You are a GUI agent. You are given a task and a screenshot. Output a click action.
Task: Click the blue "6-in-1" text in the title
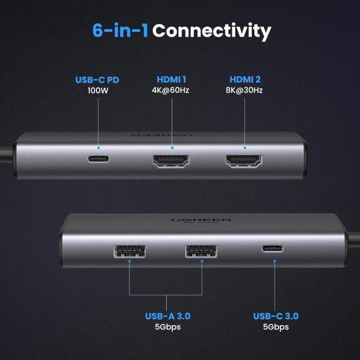tap(120, 31)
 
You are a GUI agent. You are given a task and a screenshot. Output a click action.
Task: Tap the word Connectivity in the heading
tap(212, 31)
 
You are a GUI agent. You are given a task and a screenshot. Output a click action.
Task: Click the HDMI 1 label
tap(172, 79)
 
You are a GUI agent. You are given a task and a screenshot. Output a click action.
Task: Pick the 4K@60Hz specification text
tap(172, 91)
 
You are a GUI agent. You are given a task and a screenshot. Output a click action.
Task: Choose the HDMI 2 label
tap(245, 79)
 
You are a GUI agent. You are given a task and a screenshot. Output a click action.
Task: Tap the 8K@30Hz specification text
tap(245, 91)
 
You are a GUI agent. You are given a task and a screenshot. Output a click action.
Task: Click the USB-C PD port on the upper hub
tap(99, 160)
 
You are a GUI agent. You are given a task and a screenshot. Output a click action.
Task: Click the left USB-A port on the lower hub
tap(128, 251)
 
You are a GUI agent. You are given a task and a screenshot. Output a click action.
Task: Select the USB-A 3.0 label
tap(167, 316)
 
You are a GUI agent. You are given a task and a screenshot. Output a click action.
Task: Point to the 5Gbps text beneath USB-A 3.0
tap(167, 327)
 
